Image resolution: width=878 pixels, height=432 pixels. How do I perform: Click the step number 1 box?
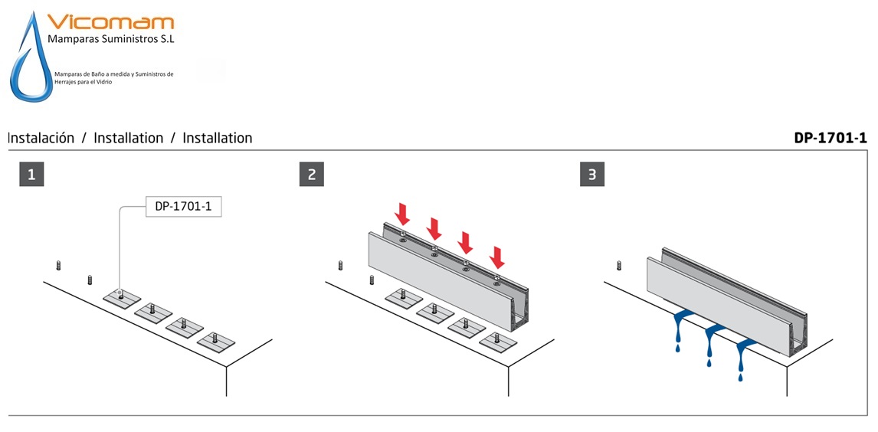click(31, 175)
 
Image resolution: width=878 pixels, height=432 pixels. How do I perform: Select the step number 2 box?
click(311, 175)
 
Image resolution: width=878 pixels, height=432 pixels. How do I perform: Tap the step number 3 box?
click(592, 175)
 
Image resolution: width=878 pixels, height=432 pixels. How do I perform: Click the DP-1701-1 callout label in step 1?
click(183, 207)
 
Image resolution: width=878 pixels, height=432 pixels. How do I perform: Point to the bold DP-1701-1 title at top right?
click(830, 138)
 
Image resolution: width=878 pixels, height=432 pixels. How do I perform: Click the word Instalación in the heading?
click(41, 138)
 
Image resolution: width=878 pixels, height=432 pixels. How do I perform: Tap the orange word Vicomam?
click(111, 22)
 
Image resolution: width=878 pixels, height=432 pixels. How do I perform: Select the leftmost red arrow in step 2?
click(402, 213)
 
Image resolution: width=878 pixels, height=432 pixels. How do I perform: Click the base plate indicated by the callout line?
click(122, 297)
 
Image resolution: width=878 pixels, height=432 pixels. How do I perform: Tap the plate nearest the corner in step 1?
click(216, 342)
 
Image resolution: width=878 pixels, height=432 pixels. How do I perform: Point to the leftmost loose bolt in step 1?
click(57, 265)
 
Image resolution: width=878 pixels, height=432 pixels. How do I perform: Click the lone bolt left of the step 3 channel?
click(619, 265)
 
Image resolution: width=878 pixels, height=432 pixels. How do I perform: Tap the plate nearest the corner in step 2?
click(498, 342)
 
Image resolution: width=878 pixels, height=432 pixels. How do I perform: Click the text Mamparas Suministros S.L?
click(111, 40)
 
